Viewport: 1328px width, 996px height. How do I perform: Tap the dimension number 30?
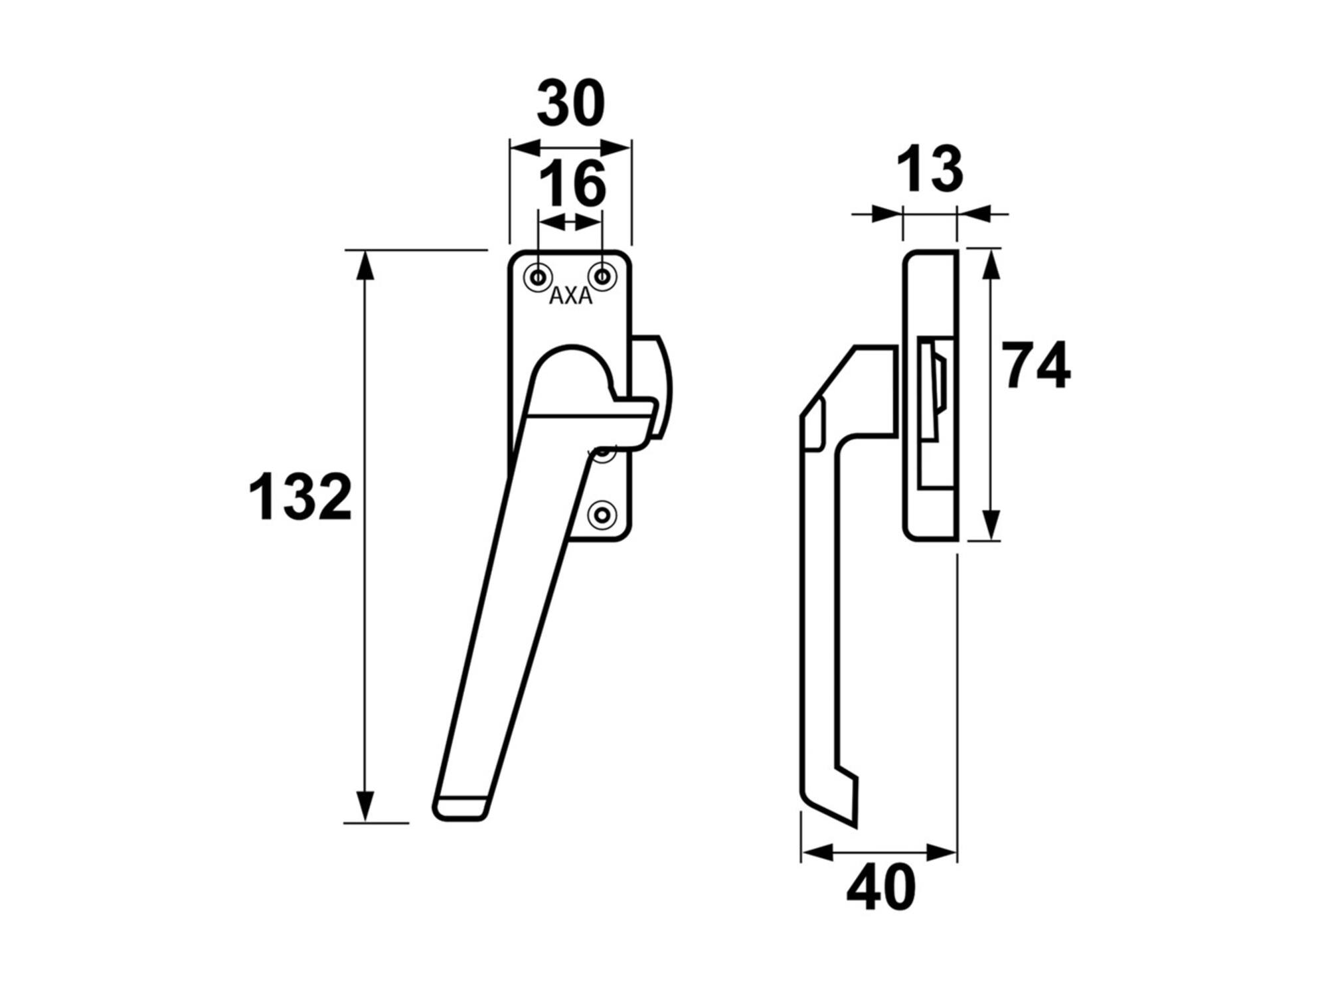click(571, 103)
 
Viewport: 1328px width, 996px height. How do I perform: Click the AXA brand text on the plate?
click(571, 296)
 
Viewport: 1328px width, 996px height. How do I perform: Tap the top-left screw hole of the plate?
click(539, 277)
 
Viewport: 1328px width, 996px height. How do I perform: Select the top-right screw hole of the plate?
click(602, 277)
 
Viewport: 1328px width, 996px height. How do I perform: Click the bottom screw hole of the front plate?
click(602, 515)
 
